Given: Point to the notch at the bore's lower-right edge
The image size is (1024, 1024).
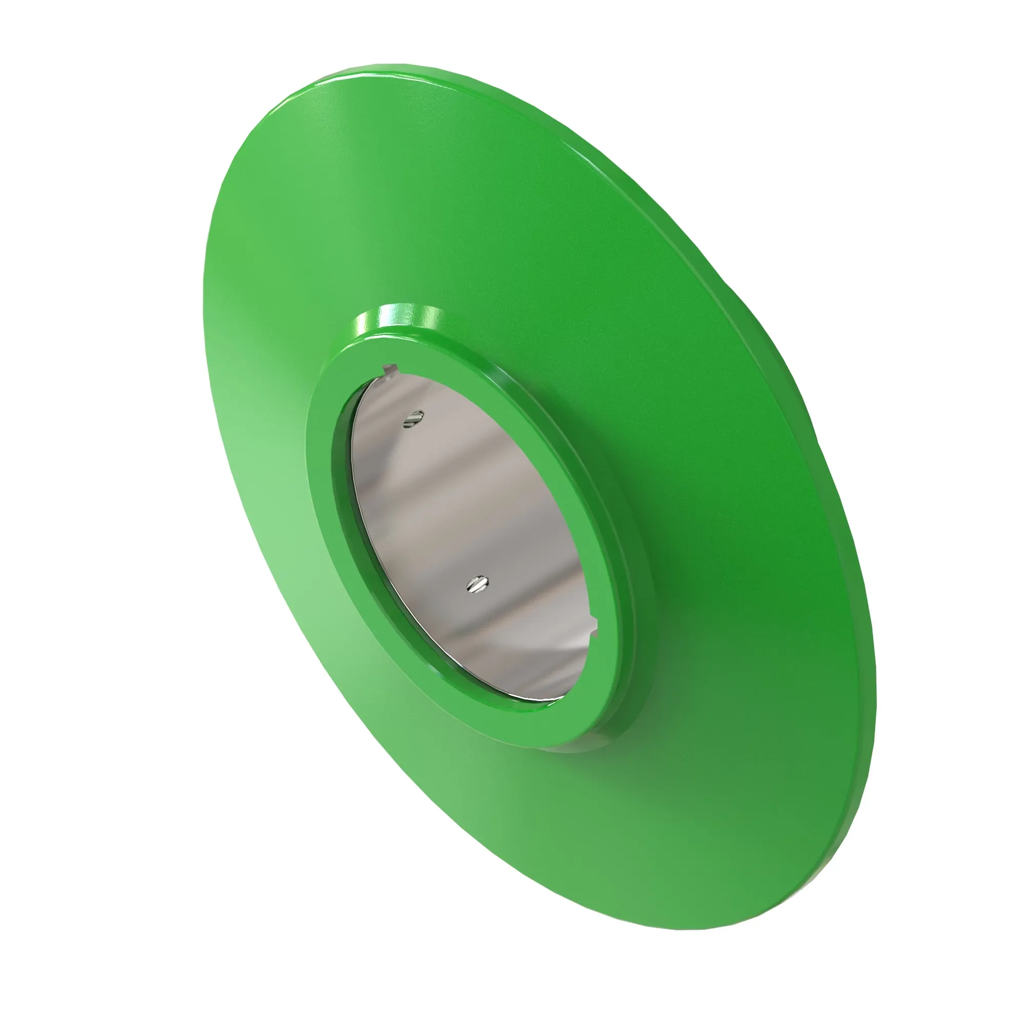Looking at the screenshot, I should tap(594, 630).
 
